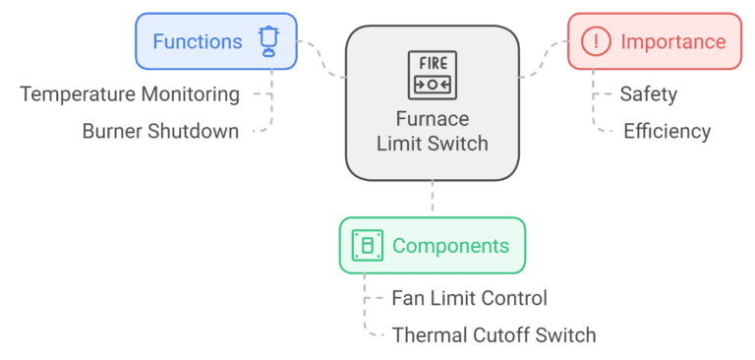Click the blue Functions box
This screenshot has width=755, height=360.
[x=215, y=41]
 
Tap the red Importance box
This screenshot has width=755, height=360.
[x=655, y=41]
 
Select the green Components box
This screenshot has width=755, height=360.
[x=433, y=246]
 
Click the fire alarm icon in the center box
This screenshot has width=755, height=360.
[x=433, y=73]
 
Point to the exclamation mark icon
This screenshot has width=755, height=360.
[x=596, y=41]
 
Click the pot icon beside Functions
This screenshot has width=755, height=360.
[x=268, y=41]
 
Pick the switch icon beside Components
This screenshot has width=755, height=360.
[x=368, y=246]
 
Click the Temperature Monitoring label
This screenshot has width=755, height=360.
[x=130, y=94]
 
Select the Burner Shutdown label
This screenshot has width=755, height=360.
[x=160, y=131]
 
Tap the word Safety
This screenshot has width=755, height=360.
[x=648, y=94]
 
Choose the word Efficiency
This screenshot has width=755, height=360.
[x=667, y=131]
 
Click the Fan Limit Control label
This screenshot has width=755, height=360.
[x=469, y=298]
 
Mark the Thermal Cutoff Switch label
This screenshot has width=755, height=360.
[x=494, y=334]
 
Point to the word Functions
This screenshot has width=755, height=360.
[x=197, y=41]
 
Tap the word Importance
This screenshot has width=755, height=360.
[x=672, y=41]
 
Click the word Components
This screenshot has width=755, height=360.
[x=450, y=246]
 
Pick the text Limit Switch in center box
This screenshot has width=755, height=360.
[x=433, y=144]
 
